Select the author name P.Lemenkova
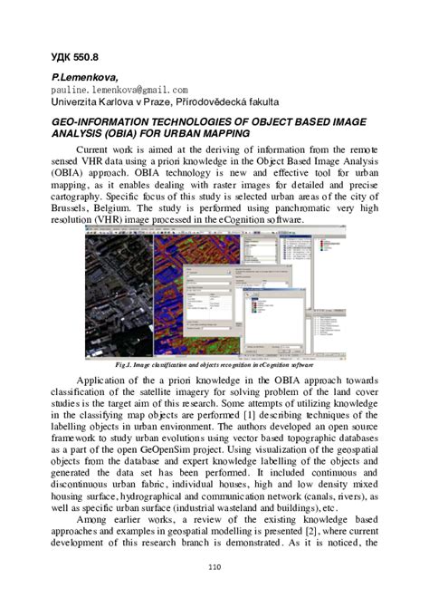coord(88,80)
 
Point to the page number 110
coord(214,567)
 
